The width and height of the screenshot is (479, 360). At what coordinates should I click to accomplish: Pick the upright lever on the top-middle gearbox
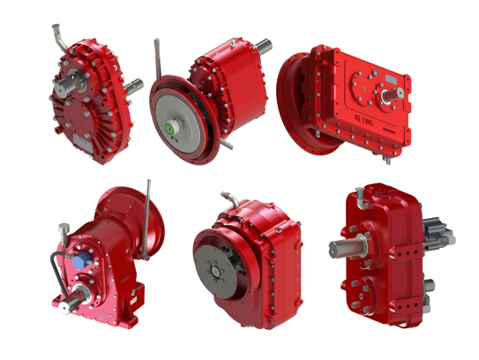click(x=157, y=55)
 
